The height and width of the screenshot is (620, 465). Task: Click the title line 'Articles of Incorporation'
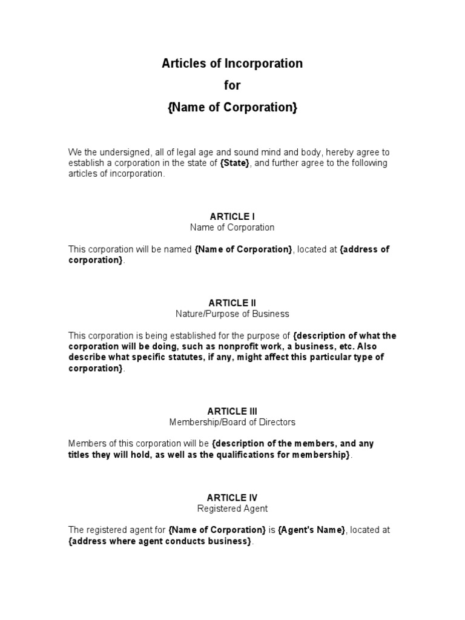tap(232, 63)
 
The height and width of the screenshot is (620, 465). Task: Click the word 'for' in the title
tap(232, 85)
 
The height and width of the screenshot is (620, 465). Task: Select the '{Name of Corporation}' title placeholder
tap(232, 108)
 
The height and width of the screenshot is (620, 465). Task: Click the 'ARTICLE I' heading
tap(232, 216)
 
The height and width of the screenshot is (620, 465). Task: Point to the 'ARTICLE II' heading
tap(232, 303)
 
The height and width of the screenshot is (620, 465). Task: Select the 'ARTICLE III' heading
tap(232, 411)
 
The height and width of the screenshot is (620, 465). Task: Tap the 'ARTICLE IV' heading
tap(232, 498)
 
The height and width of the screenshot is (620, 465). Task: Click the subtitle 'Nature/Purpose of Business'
tap(232, 314)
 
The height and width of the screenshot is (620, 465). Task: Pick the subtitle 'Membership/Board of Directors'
tap(232, 422)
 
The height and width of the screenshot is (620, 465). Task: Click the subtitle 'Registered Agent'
tap(232, 509)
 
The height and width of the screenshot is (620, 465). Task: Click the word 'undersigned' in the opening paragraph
tap(119, 153)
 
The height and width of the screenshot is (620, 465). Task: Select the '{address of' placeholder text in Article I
tap(364, 249)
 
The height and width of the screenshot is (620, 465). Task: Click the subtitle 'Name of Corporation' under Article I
tap(232, 228)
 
